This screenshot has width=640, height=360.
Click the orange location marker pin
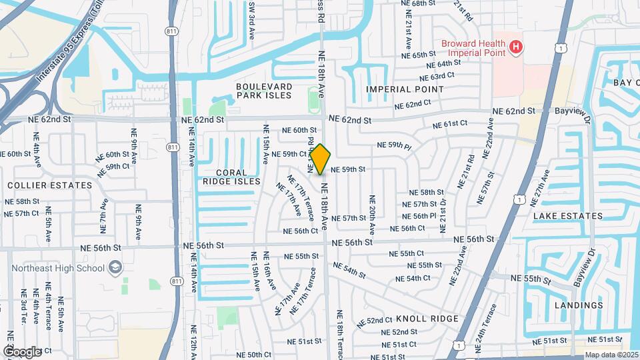pyautogui.click(x=320, y=159)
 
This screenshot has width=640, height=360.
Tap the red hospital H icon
pyautogui.click(x=515, y=47)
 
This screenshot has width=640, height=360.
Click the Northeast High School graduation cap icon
pyautogui.click(x=116, y=267)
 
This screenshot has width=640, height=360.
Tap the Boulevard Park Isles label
pyautogui.click(x=264, y=91)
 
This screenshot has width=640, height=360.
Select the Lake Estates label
pyautogui.click(x=567, y=215)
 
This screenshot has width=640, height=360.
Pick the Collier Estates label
pyautogui.click(x=50, y=185)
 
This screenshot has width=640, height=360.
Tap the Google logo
pyautogui.click(x=21, y=351)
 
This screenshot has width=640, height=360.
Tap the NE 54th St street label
pyautogui.click(x=350, y=270)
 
